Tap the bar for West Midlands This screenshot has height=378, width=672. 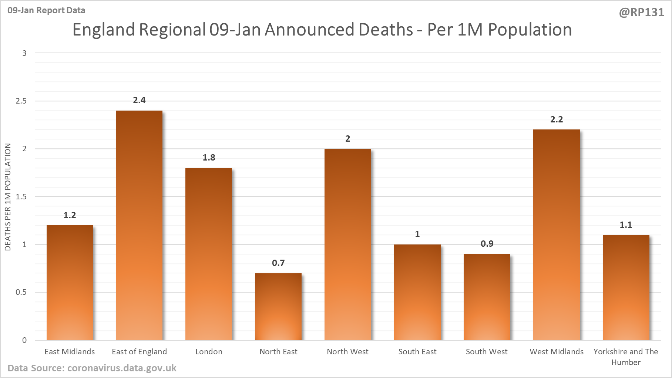(x=556, y=234)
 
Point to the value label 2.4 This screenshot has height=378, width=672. (x=139, y=100)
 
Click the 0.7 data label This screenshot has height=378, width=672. (x=278, y=263)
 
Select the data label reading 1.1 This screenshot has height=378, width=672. (x=626, y=225)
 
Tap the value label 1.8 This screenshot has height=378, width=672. (x=209, y=158)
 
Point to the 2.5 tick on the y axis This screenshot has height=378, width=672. (x=21, y=101)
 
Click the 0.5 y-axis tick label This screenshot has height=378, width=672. (x=21, y=292)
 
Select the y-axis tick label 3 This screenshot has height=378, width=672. (x=24, y=53)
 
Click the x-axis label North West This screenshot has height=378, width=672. (x=347, y=352)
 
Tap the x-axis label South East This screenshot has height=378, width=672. (x=417, y=352)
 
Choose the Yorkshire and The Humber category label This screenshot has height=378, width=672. (x=626, y=357)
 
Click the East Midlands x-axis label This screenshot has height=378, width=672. (x=70, y=352)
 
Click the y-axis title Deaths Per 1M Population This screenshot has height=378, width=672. (x=8, y=197)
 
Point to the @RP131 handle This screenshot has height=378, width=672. (x=641, y=13)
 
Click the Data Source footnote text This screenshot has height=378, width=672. (x=92, y=368)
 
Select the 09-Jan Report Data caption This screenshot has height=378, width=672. (x=46, y=10)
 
